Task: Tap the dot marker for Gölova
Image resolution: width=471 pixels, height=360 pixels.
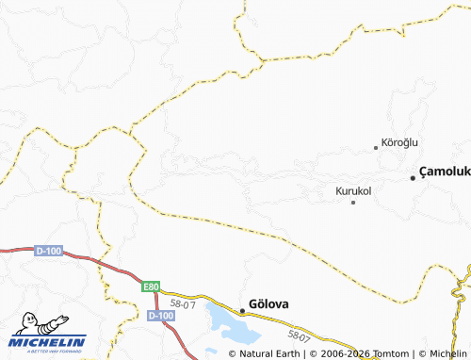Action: click(242, 309)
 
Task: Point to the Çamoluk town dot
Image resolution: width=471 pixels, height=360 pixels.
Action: click(413, 177)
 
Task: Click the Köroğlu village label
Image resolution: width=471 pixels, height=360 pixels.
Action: click(399, 142)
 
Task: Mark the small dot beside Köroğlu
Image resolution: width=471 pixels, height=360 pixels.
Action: click(376, 147)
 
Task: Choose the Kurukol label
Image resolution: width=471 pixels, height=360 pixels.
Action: click(353, 190)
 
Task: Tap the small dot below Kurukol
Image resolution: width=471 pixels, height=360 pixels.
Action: click(353, 202)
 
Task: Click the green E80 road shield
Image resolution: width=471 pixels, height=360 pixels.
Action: click(152, 286)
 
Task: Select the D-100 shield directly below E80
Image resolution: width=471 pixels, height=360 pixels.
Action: click(161, 315)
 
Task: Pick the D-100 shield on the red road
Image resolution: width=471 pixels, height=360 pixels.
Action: click(47, 251)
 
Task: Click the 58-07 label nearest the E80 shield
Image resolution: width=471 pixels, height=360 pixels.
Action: click(183, 303)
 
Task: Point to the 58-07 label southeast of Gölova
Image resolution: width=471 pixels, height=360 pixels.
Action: click(300, 334)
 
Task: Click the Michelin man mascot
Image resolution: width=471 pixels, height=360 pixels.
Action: click(25, 323)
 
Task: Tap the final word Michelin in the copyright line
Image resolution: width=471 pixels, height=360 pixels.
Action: click(447, 353)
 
